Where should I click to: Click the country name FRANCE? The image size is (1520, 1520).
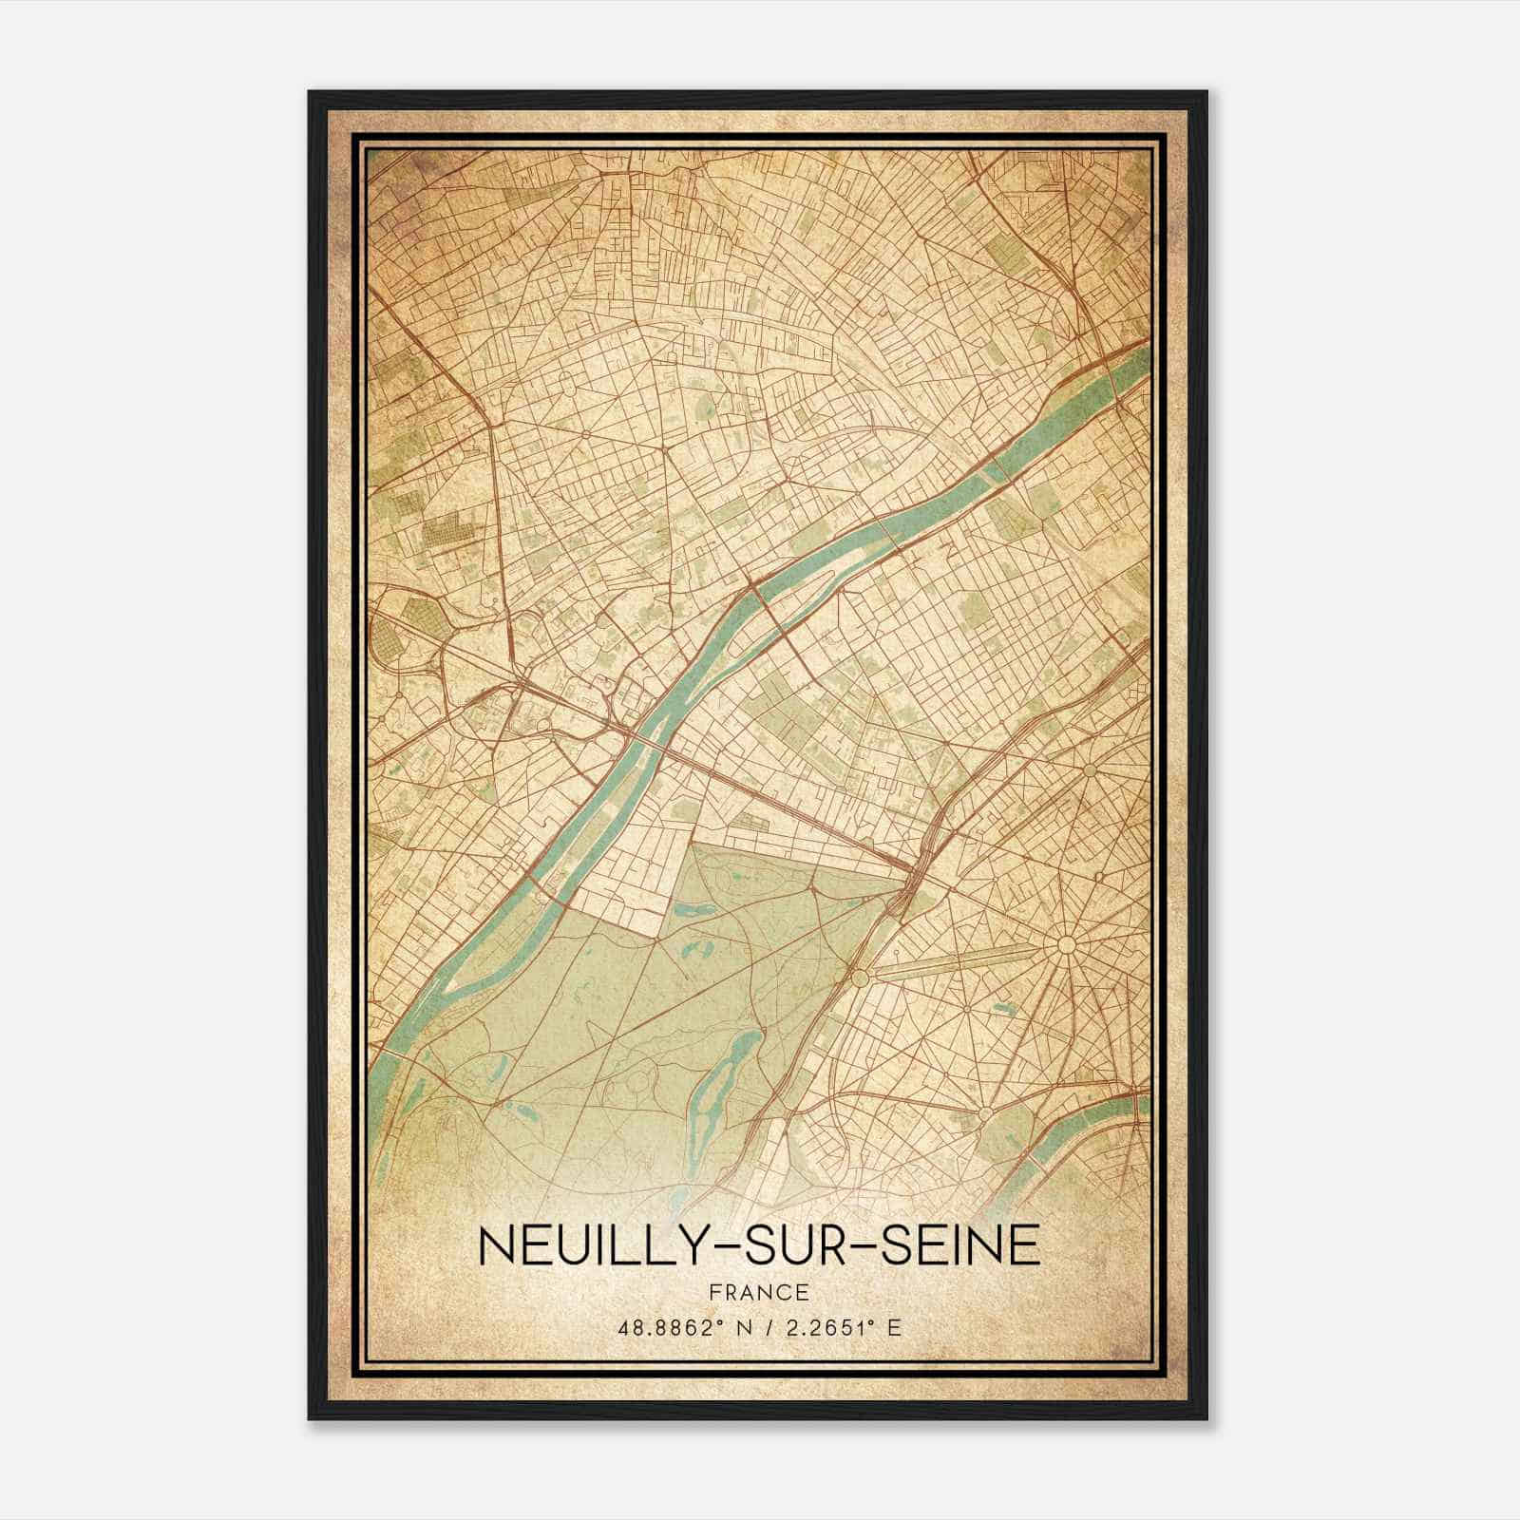[759, 1292]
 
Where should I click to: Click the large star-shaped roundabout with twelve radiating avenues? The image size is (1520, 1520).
[1065, 944]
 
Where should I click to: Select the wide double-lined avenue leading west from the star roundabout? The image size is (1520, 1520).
[959, 961]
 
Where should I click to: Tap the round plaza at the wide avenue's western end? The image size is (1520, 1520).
[861, 977]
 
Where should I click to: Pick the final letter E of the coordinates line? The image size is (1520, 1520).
[892, 1327]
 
